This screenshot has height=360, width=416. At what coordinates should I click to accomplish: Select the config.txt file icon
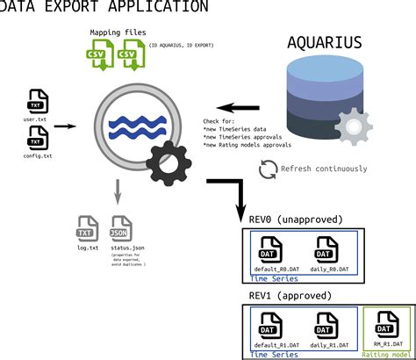pos(35,138)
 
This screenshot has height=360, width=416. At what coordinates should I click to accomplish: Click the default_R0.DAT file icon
pos(269,248)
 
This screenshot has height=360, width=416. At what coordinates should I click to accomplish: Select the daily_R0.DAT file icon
pos(326,248)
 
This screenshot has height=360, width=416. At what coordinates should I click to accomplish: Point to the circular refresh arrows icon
pos(268,169)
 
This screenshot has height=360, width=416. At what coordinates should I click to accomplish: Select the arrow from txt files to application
pos(65,126)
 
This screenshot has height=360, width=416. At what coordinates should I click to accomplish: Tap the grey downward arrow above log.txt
pos(116,191)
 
